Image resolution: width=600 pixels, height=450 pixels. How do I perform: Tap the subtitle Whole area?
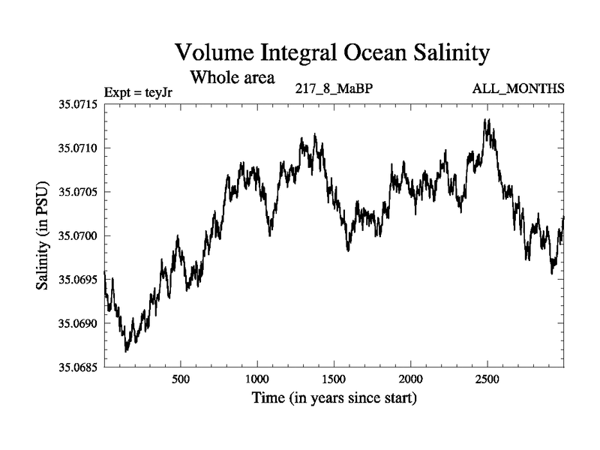[x=232, y=76]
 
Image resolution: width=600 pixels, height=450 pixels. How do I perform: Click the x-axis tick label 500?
[x=181, y=379]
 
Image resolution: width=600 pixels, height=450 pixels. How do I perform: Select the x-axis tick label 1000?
[x=257, y=379]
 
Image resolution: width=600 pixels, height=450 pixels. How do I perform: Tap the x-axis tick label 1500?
[x=334, y=379]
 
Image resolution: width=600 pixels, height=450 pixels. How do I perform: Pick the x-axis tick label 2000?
[x=411, y=379]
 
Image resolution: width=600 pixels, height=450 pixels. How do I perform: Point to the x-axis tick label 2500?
[x=487, y=379]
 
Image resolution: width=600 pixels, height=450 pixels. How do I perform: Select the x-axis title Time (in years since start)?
[x=334, y=398]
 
